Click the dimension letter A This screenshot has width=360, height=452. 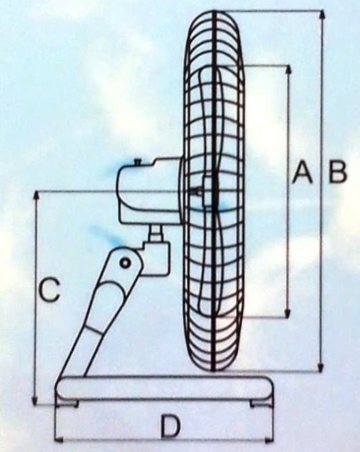(x=302, y=172)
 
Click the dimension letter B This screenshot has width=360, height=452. (x=337, y=172)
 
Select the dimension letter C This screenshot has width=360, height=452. (x=49, y=289)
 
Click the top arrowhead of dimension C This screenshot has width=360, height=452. (x=36, y=196)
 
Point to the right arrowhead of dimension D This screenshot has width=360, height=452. (x=268, y=440)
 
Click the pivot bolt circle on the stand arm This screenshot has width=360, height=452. (x=125, y=263)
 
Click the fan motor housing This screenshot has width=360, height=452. (x=150, y=190)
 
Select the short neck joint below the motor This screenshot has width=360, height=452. (x=156, y=233)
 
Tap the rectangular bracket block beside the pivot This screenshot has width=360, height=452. (x=155, y=259)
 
